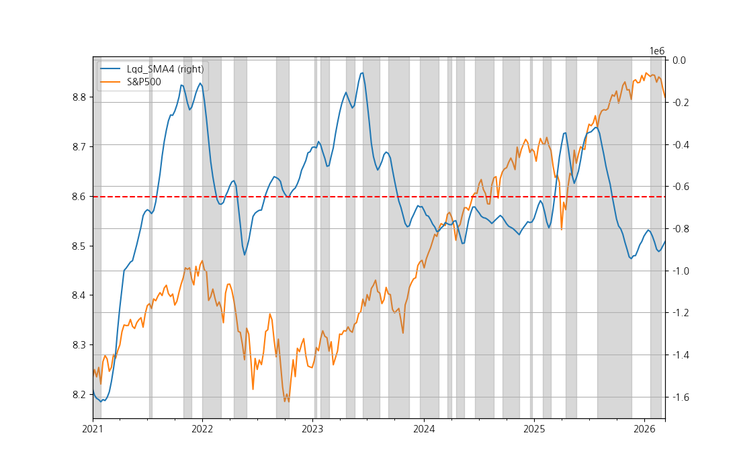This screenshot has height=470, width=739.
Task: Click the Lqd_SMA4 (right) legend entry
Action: tap(165, 68)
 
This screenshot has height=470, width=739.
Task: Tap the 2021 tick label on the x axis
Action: tap(93, 428)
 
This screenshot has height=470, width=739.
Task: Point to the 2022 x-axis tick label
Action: tap(202, 428)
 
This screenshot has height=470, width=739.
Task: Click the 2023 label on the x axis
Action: tap(312, 428)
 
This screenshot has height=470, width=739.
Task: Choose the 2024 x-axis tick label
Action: tap(424, 428)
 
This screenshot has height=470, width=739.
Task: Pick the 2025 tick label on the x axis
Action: tap(534, 428)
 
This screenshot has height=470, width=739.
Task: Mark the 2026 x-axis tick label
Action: tap(644, 428)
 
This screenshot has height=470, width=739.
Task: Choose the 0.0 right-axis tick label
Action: tap(679, 60)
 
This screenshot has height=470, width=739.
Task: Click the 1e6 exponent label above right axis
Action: tap(657, 51)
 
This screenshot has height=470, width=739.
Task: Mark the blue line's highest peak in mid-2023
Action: tap(362, 73)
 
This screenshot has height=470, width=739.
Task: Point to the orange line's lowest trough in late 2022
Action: tap(286, 402)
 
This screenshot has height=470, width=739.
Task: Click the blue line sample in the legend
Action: tap(110, 68)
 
